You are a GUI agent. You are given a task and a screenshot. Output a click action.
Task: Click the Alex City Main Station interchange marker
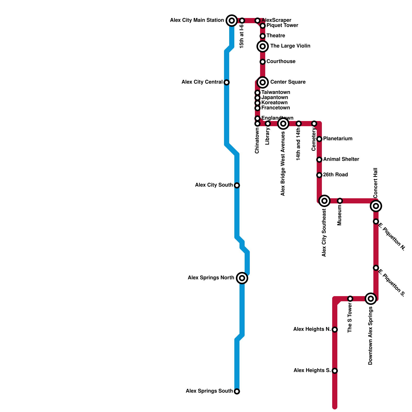pos(232,21)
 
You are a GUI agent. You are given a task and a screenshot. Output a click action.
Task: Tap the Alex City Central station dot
pos(227,82)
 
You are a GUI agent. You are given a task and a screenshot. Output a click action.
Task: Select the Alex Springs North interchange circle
pos(242,278)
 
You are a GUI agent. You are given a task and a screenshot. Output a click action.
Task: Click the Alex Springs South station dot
pos(237,391)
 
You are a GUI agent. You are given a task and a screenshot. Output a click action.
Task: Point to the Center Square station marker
pos(263,82)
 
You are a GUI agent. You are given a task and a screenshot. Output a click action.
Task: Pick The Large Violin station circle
pos(263,46)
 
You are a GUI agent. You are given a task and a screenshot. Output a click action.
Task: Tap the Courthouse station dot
pos(263,62)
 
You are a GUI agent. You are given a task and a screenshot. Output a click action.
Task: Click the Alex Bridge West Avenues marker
pos(283,124)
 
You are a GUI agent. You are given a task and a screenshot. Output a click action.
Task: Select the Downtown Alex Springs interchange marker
pos(371,299)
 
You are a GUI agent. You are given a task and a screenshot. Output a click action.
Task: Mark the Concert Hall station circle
pos(376,206)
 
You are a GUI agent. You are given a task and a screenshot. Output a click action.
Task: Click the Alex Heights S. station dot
pos(335,371)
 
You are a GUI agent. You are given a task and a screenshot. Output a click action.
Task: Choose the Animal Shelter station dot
pos(319,160)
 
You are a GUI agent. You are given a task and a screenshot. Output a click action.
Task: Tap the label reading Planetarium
pos(338,139)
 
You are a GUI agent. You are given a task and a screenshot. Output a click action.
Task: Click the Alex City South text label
pos(214,185)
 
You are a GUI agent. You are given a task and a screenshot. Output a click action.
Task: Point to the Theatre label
pos(276,36)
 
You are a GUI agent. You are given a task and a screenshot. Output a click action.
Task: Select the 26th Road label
pos(336,175)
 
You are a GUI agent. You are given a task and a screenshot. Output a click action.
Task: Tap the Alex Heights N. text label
pos(312,329)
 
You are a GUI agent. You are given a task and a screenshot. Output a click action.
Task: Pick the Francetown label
pos(276,108)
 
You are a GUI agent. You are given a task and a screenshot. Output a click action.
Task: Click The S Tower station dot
pos(350,299)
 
